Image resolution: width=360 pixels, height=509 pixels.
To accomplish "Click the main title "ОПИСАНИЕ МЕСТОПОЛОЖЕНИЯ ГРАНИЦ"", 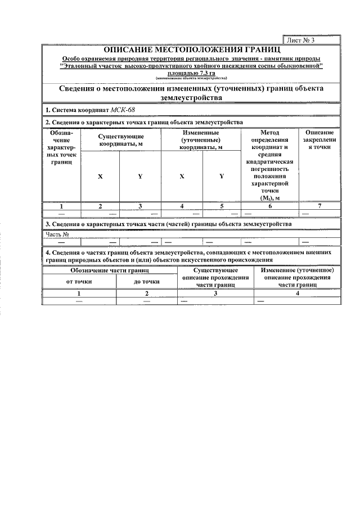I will tap(192, 50).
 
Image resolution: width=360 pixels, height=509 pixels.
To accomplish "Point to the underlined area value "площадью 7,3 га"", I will tap(192, 73).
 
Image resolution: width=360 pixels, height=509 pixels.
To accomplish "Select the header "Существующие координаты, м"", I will tap(121, 140).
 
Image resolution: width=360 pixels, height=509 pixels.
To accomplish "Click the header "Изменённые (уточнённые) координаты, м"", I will tap(201, 140).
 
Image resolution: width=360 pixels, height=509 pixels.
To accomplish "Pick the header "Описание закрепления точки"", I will tap(319, 140).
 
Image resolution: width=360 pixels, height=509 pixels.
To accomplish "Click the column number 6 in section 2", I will tap(269, 206).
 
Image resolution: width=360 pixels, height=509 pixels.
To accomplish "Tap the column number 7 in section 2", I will tap(319, 206).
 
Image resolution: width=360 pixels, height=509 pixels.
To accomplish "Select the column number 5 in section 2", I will tap(222, 206).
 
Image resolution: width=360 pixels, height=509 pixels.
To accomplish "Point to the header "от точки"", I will tap(79, 281).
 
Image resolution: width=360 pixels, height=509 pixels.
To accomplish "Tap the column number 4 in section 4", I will tap(297, 294).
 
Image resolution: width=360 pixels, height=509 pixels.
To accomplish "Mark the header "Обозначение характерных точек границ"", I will tap(61, 147).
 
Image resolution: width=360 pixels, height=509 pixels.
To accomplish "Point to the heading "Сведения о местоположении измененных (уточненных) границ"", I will tap(192, 93).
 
